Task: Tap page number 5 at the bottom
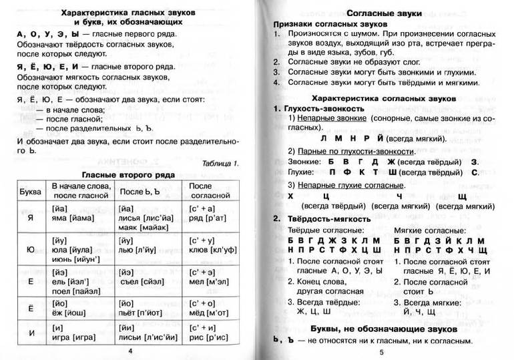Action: click(380, 352)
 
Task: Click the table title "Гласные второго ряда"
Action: click(129, 174)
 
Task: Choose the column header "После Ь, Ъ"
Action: click(140, 190)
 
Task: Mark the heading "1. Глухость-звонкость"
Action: click(311, 108)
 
